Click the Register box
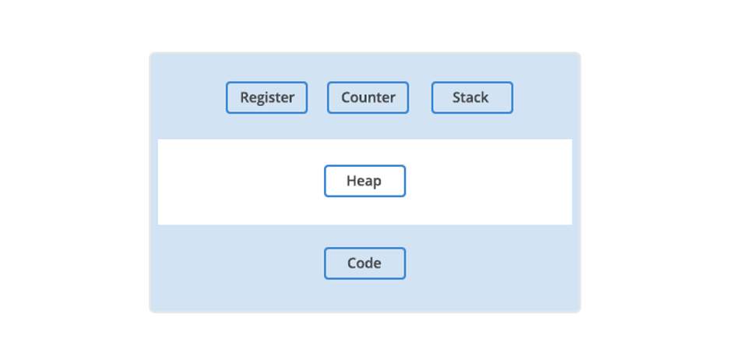pyautogui.click(x=267, y=97)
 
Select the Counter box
pyautogui.click(x=368, y=97)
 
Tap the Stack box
pyautogui.click(x=472, y=97)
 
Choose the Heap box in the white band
pyautogui.click(x=365, y=181)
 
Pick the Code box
pyautogui.click(x=365, y=263)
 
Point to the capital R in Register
pyautogui.click(x=245, y=97)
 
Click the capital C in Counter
pyautogui.click(x=346, y=97)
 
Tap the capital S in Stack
pyautogui.click(x=457, y=97)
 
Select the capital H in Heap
pyautogui.click(x=352, y=181)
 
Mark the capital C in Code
pyautogui.click(x=352, y=263)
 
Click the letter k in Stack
pyautogui.click(x=484, y=97)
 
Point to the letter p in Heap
pyautogui.click(x=378, y=182)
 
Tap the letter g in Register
pyautogui.click(x=262, y=100)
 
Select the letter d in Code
pyautogui.click(x=371, y=263)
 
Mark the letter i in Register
pyautogui.click(x=269, y=97)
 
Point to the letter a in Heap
pyautogui.click(x=369, y=182)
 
